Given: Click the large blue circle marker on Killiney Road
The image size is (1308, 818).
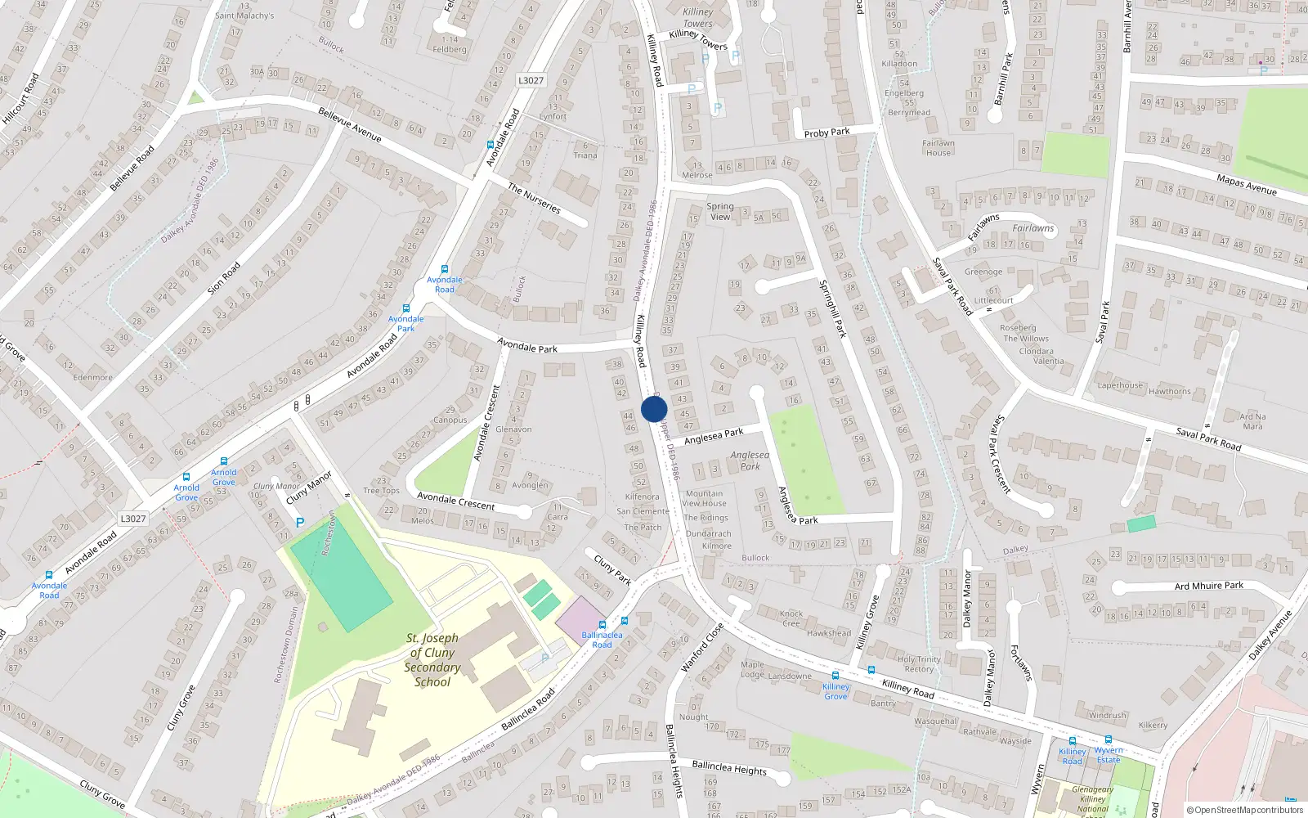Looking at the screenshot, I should (654, 409).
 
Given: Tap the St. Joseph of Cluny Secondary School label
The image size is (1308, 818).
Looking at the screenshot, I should (432, 659).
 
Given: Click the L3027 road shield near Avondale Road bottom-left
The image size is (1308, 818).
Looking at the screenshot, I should (132, 519).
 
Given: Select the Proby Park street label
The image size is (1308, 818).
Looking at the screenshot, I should (826, 133).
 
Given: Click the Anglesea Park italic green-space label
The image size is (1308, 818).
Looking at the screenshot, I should (750, 461).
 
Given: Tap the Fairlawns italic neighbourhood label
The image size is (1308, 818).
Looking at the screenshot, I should (1033, 228).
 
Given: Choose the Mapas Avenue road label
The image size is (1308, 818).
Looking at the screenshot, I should (1246, 185).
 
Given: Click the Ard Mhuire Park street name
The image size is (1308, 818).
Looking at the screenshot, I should (1208, 586).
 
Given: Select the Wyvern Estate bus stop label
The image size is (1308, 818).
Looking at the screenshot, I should (1109, 754).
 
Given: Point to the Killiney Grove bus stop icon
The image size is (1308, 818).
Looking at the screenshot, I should (835, 676).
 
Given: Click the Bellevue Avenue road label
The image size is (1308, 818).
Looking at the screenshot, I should (350, 124).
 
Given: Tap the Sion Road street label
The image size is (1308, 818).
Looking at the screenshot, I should (224, 278).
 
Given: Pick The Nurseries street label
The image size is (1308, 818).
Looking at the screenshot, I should (534, 198).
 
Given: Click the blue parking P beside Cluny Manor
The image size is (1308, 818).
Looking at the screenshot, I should (300, 522).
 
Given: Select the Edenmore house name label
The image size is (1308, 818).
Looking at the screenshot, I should (92, 377).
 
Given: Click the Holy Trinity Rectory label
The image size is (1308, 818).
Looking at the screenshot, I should (919, 664).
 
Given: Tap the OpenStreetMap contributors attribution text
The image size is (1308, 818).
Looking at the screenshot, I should (1245, 810).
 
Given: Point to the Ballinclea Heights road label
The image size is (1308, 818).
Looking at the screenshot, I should (729, 767).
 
